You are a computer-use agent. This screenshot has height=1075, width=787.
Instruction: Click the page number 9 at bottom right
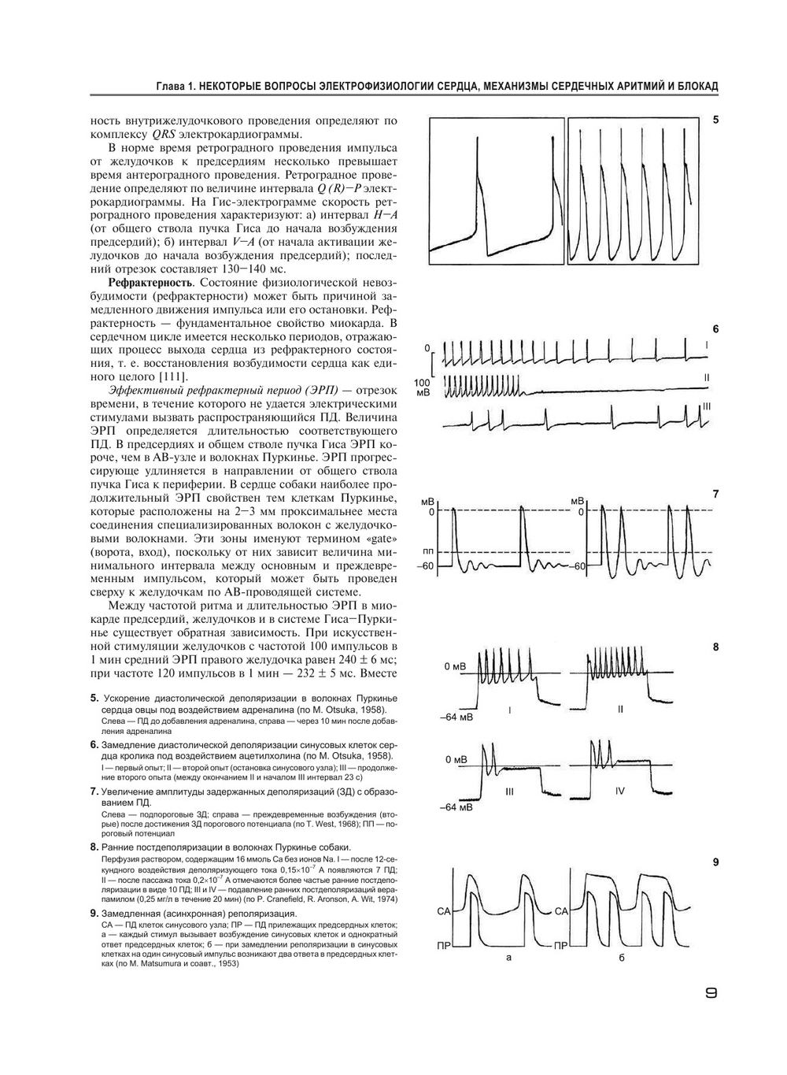coord(710,994)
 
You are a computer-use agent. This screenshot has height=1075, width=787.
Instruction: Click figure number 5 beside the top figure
coord(715,120)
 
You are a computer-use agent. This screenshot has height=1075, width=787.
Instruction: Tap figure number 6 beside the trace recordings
coord(715,328)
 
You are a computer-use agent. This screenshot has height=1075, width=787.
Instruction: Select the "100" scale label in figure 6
coord(422,381)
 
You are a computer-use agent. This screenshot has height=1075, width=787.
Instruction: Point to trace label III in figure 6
coord(707,406)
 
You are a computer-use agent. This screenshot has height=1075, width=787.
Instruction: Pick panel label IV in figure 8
coord(620,791)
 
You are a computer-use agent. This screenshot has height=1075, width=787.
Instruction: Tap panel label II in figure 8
coord(620,710)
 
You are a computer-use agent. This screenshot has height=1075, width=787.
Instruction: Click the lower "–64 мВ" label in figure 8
coord(456,807)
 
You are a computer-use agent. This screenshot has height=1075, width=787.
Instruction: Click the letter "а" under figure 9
coord(509,958)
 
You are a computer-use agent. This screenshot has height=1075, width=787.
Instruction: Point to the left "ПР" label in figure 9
coord(443,944)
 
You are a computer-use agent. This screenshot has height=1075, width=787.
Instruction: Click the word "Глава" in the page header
coord(171,85)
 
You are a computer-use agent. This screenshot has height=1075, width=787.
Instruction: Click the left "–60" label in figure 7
coord(427,565)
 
